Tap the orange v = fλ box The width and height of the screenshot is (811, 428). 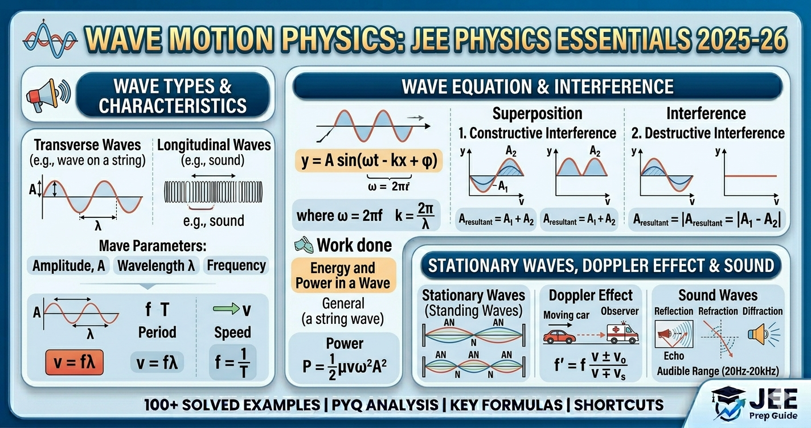tap(74, 363)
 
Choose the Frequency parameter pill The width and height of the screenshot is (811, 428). tap(236, 266)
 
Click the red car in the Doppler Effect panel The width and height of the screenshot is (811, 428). tap(559, 336)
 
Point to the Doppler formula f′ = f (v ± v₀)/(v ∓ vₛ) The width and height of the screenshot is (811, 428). tap(592, 364)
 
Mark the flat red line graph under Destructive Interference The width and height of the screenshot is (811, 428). tap(750, 176)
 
